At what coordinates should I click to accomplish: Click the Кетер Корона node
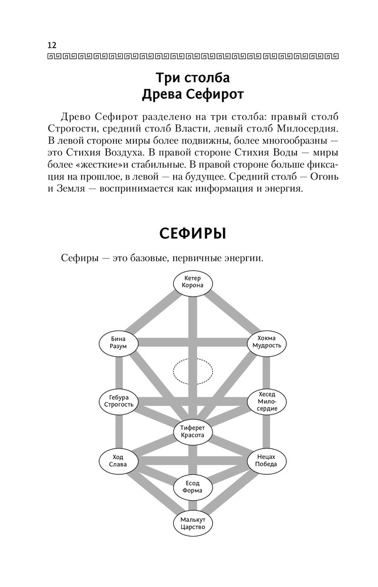pos(193,281)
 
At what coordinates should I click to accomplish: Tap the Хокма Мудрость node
pos(267,342)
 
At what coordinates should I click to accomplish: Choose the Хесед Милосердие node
pos(267,402)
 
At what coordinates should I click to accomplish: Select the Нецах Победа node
pos(267,460)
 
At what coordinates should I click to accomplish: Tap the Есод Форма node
pos(193,487)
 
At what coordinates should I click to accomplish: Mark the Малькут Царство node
pos(193,522)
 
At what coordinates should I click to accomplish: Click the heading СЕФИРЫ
pos(193,234)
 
